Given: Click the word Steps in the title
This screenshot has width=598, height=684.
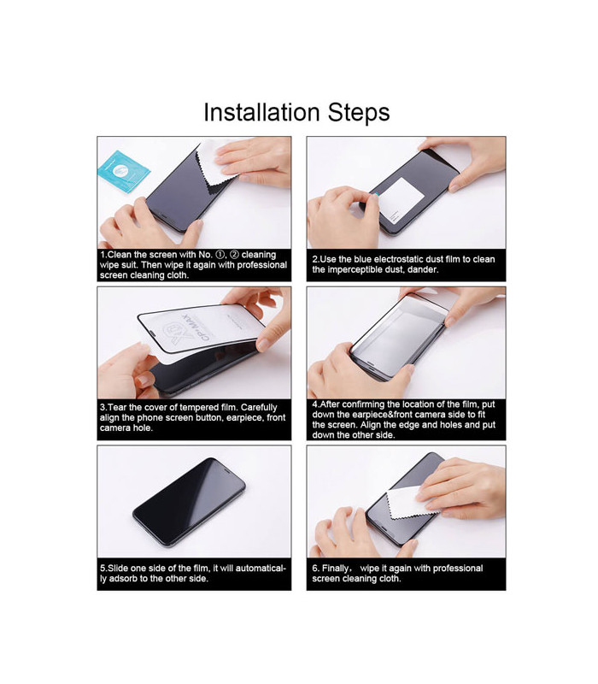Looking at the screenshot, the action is pyautogui.click(x=359, y=113).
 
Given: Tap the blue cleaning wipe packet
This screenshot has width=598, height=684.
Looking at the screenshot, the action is pyautogui.click(x=124, y=172).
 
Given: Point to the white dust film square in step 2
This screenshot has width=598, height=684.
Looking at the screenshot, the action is pyautogui.click(x=402, y=201).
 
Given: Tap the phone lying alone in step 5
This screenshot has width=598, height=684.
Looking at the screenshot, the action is pyautogui.click(x=189, y=502).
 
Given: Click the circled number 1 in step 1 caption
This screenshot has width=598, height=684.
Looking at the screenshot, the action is pyautogui.click(x=220, y=254).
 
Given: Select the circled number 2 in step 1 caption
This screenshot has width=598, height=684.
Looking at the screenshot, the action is pyautogui.click(x=234, y=254).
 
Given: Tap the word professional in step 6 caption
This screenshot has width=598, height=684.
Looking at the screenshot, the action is pyautogui.click(x=458, y=569).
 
